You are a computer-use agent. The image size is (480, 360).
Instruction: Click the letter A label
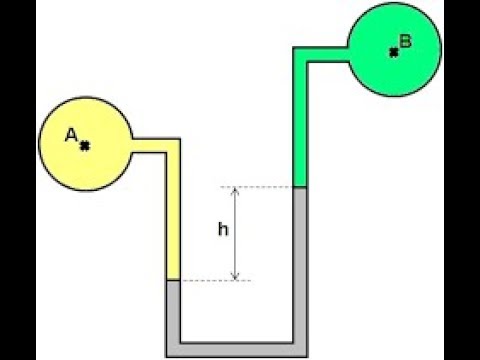[72, 136]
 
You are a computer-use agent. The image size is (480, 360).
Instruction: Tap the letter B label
[405, 41]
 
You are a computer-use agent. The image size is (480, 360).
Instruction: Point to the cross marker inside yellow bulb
[85, 146]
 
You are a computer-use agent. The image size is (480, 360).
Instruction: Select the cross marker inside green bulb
[394, 49]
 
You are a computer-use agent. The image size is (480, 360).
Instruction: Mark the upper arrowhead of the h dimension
[236, 191]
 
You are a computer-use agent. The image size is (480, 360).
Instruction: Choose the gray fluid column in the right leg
[298, 260]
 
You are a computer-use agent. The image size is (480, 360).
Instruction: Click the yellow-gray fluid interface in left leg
[172, 280]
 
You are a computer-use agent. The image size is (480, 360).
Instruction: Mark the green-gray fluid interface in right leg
[298, 187]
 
